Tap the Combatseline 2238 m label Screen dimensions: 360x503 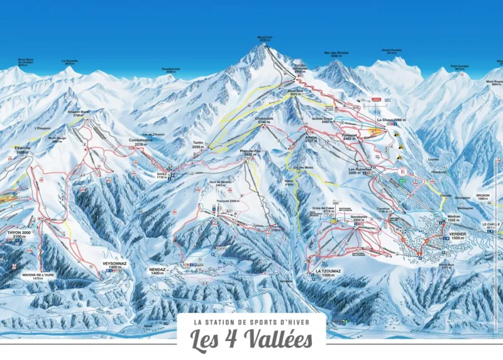click(141, 142)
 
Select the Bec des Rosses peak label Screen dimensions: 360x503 click(335, 55)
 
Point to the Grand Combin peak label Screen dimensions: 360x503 click(391, 51)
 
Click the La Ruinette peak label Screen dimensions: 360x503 click(69, 62)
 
